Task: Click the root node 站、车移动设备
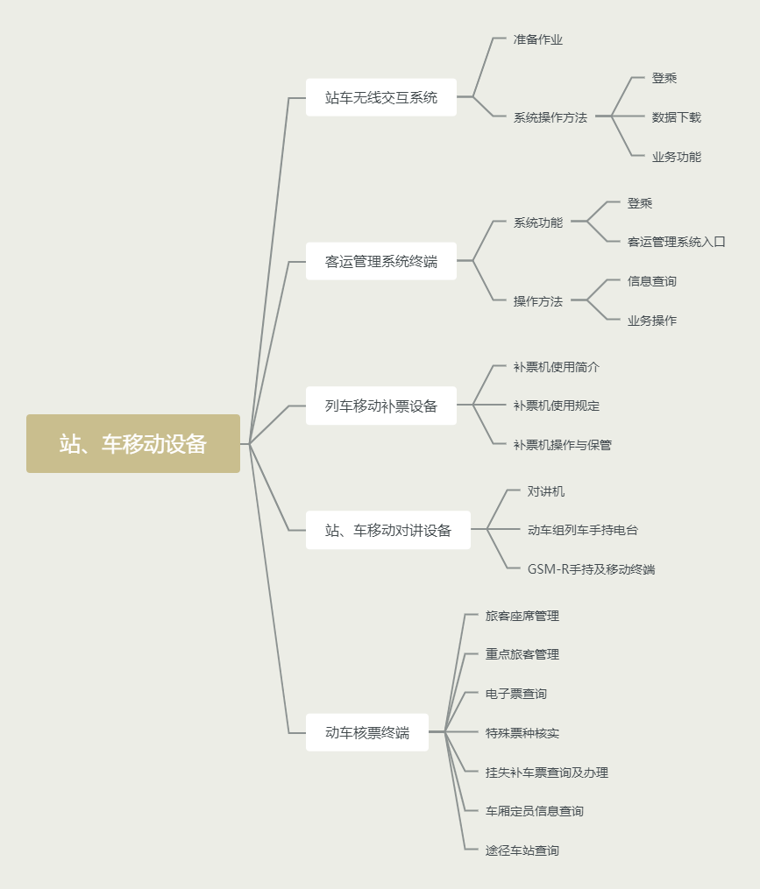pyautogui.click(x=133, y=444)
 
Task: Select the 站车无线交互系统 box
pyautogui.click(x=381, y=97)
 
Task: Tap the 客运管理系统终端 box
pyautogui.click(x=381, y=261)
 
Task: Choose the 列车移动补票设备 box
pyautogui.click(x=381, y=406)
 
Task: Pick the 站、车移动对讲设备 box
pyautogui.click(x=388, y=530)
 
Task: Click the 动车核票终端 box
pyautogui.click(x=367, y=732)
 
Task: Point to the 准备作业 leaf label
pyautogui.click(x=538, y=39)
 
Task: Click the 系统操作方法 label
pyautogui.click(x=550, y=117)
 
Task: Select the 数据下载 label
pyautogui.click(x=677, y=117)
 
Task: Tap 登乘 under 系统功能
pyautogui.click(x=640, y=203)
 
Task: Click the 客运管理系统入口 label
pyautogui.click(x=677, y=242)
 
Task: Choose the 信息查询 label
pyautogui.click(x=652, y=281)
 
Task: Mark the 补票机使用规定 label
pyautogui.click(x=557, y=406)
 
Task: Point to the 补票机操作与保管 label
pyautogui.click(x=563, y=445)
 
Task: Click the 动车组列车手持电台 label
pyautogui.click(x=583, y=530)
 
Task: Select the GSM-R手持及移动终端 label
pyautogui.click(x=591, y=569)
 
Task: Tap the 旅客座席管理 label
pyautogui.click(x=522, y=616)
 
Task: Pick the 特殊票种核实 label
pyautogui.click(x=522, y=732)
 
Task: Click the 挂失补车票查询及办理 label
pyautogui.click(x=547, y=773)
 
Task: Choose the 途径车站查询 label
pyautogui.click(x=522, y=850)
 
